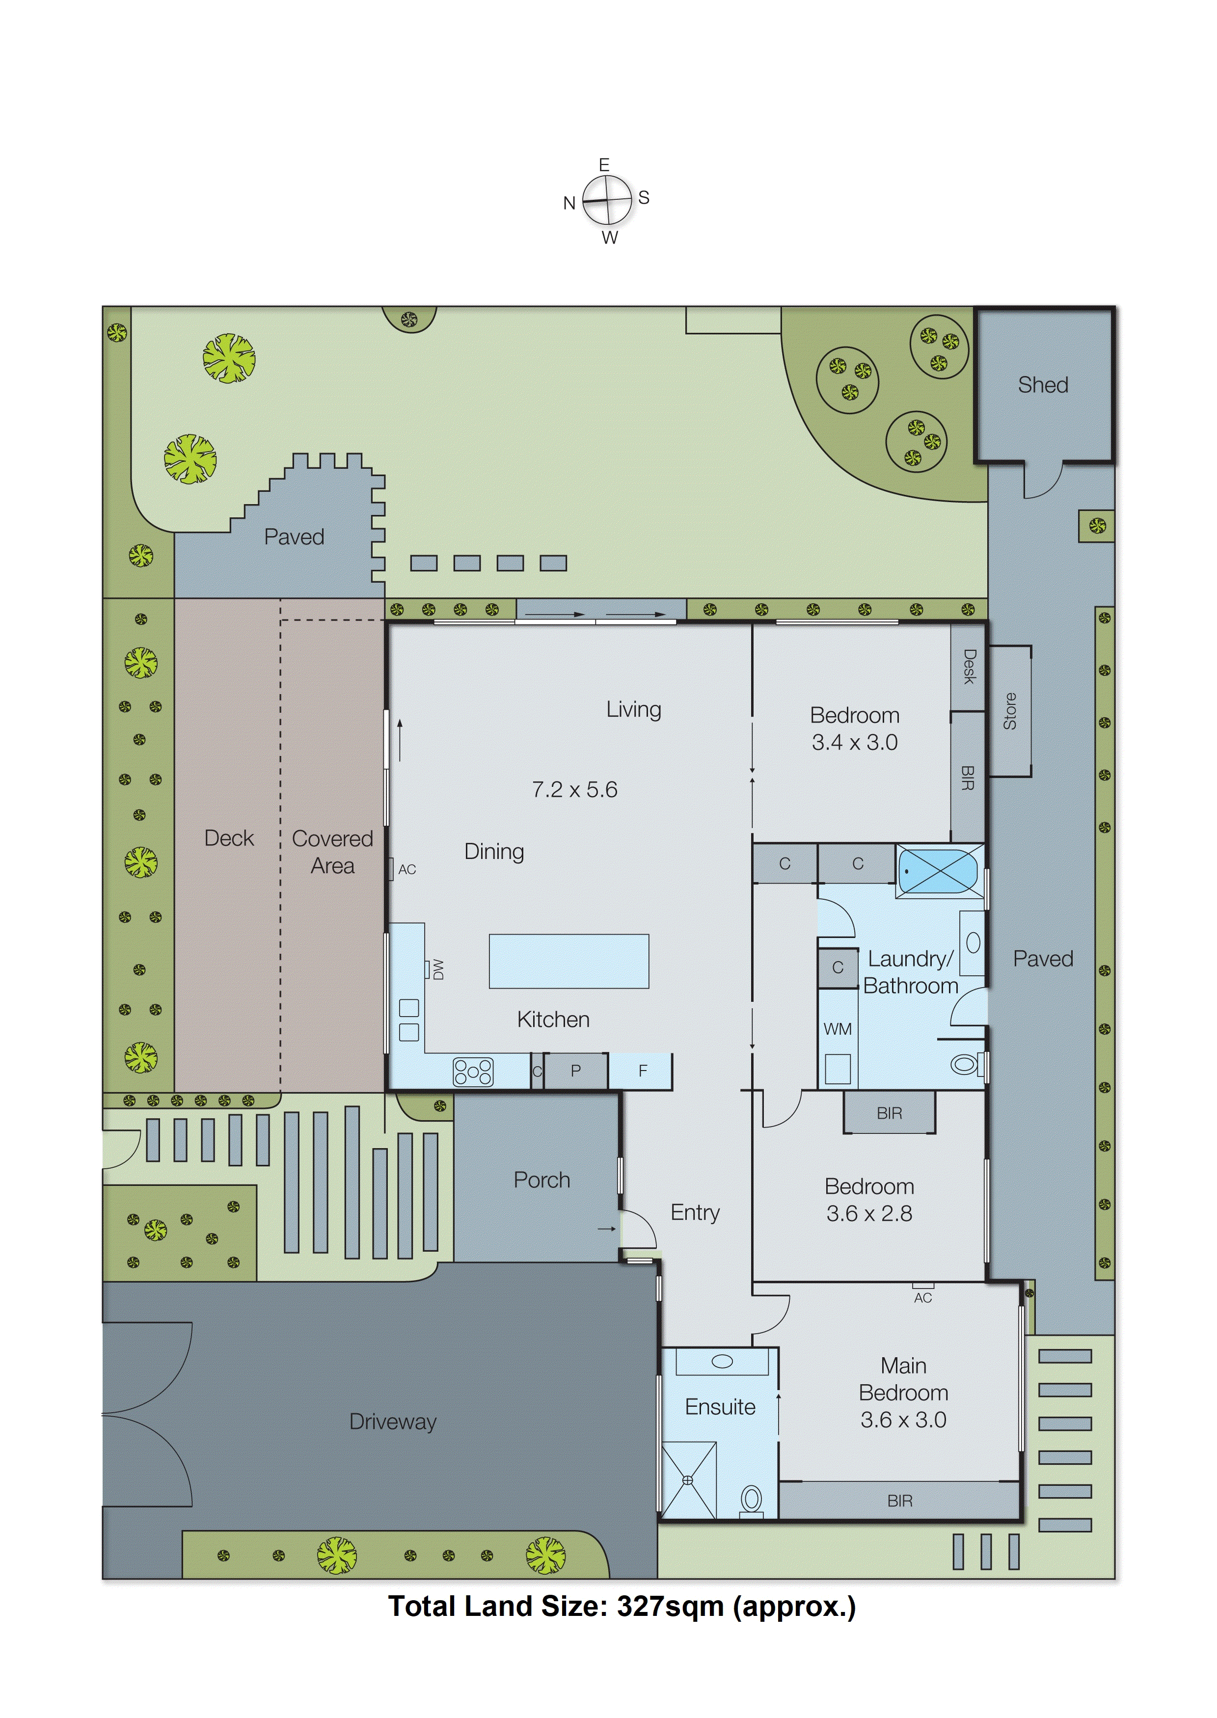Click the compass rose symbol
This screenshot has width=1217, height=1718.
pos(607,201)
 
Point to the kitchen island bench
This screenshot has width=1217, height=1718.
pos(569,961)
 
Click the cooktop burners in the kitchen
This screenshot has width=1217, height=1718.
pos(473,1072)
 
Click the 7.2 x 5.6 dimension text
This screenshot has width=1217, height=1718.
pos(575,790)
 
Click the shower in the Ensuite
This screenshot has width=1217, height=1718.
pos(688,1480)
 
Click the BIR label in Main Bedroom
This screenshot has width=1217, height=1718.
pos(899,1501)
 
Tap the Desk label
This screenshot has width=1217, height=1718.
pos(968,667)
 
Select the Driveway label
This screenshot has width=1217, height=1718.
pos(393,1422)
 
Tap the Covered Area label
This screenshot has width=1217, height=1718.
pos(332,852)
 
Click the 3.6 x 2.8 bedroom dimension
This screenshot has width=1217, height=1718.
pos(869,1214)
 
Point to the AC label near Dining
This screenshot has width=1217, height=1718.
pos(407,870)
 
